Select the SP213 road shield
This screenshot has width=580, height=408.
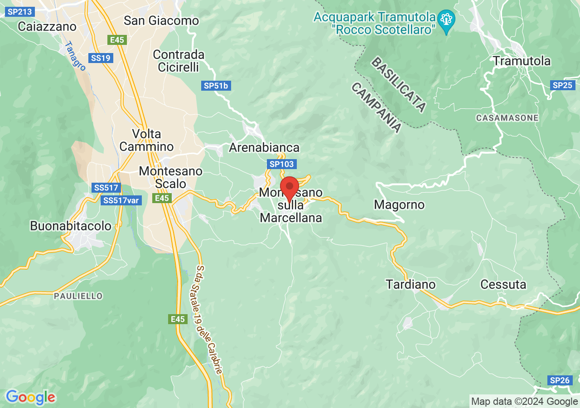tap(19, 12)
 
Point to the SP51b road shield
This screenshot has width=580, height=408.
tap(216, 86)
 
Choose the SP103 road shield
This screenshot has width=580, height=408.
tap(281, 164)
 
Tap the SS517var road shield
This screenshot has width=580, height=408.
tap(120, 200)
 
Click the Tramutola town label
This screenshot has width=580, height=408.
tap(522, 61)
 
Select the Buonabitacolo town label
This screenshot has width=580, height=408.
tap(71, 226)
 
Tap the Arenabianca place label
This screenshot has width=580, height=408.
tap(264, 147)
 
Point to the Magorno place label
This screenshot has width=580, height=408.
tap(399, 205)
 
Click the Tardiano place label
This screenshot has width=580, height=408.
tap(411, 285)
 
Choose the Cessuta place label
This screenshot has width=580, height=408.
tap(503, 285)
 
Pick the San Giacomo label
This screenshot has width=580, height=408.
tap(161, 20)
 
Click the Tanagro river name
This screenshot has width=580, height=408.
tap(75, 56)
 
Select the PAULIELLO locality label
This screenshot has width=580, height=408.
tap(78, 296)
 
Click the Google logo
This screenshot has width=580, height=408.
tap(30, 398)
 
